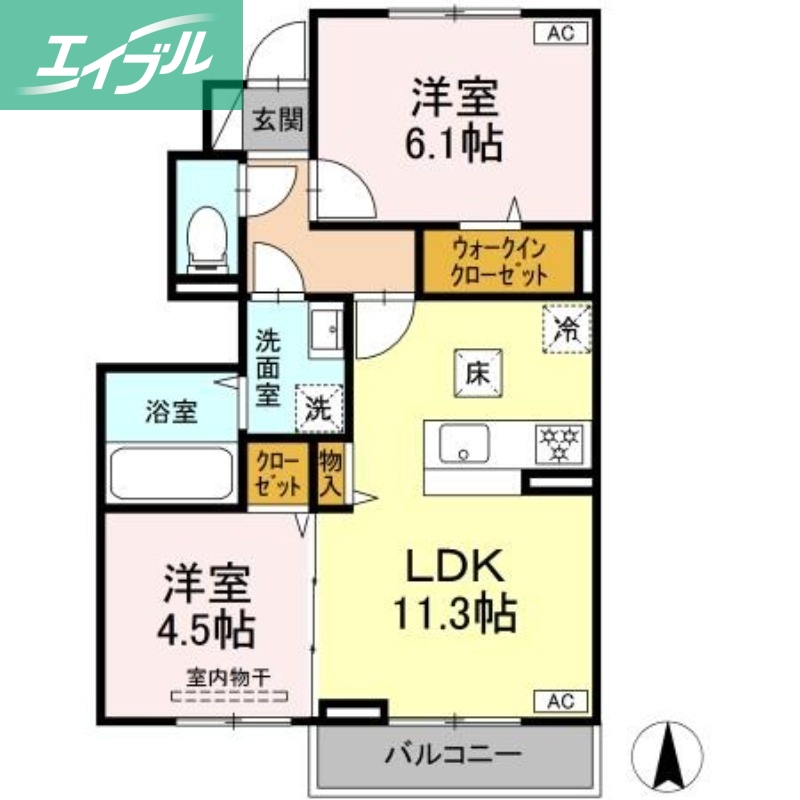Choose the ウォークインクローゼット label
499,262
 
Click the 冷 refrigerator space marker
567,328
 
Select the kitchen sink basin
464,442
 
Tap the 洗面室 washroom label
267,367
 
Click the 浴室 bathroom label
171,411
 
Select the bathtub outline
171,472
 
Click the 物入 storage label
329,475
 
